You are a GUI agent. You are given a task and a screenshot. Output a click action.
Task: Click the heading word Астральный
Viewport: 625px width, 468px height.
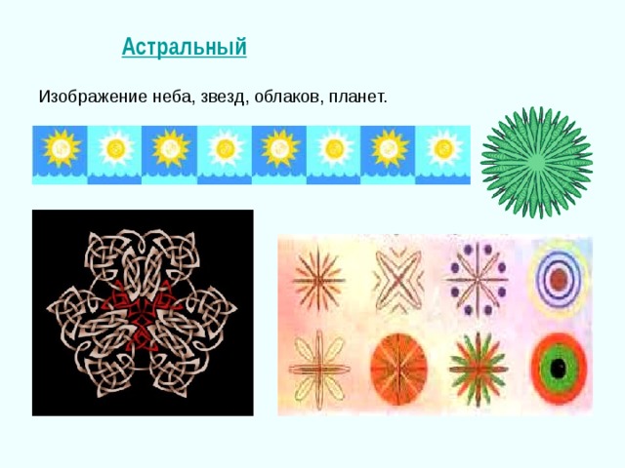click(184, 47)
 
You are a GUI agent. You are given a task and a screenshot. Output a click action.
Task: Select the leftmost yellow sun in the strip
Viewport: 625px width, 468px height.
click(60, 148)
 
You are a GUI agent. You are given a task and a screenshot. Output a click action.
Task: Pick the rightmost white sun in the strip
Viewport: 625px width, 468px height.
click(444, 148)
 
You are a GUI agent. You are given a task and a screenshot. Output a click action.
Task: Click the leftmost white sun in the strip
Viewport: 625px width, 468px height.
click(114, 148)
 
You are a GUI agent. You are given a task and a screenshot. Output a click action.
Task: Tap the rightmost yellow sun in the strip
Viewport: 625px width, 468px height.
click(390, 148)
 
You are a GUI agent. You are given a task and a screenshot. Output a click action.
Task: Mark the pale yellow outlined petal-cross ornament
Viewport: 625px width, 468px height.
click(315, 369)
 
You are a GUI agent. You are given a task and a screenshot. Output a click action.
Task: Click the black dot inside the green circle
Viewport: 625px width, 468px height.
click(558, 369)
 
